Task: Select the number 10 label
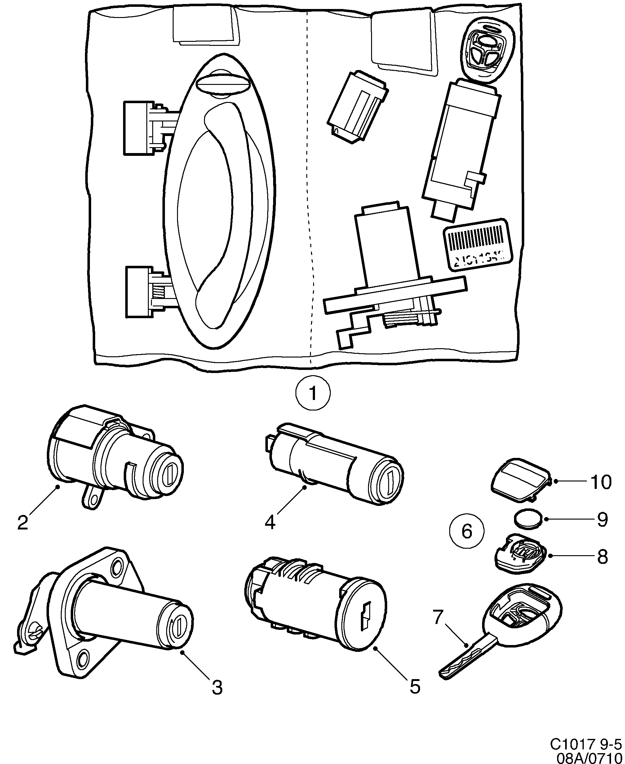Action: [600, 482]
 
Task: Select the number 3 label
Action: [217, 688]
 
